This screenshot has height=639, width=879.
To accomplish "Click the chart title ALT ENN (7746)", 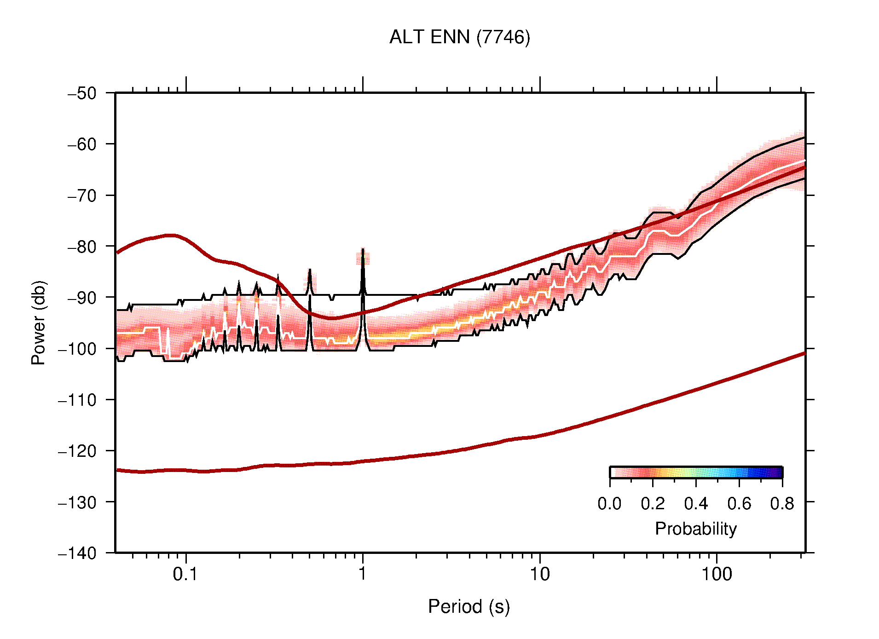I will pyautogui.click(x=459, y=37).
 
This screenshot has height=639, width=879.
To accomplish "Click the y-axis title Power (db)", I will pyautogui.click(x=39, y=322).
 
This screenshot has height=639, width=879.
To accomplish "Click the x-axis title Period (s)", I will pyautogui.click(x=468, y=606).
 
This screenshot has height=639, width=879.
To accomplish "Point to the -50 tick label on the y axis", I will pyautogui.click(x=82, y=93).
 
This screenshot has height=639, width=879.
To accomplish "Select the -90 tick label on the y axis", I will pyautogui.click(x=82, y=298).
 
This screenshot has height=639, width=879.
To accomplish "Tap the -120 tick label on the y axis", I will pyautogui.click(x=77, y=451).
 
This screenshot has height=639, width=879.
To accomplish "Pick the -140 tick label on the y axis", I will pyautogui.click(x=77, y=553).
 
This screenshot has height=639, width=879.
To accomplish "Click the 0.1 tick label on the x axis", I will pyautogui.click(x=185, y=574).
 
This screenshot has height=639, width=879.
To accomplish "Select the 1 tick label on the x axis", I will pyautogui.click(x=363, y=574).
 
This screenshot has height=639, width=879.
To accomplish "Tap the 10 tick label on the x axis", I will pyautogui.click(x=539, y=574).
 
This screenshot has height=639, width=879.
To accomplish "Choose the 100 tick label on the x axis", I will pyautogui.click(x=716, y=574).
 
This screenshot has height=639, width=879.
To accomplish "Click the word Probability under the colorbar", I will pyautogui.click(x=695, y=529).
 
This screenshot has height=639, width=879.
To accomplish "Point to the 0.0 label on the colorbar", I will pyautogui.click(x=609, y=504).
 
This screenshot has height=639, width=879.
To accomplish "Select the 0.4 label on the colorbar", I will pyautogui.click(x=696, y=504).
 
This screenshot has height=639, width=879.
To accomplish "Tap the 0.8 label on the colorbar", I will pyautogui.click(x=782, y=504).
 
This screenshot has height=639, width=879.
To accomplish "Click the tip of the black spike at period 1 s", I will pyautogui.click(x=363, y=249).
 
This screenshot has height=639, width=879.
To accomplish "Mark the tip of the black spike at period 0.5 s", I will pyautogui.click(x=310, y=270).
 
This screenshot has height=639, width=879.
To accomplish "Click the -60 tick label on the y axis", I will pyautogui.click(x=82, y=144).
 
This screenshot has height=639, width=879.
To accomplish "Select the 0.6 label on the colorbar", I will pyautogui.click(x=739, y=504).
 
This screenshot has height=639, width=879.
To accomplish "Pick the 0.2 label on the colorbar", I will pyautogui.click(x=653, y=504).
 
